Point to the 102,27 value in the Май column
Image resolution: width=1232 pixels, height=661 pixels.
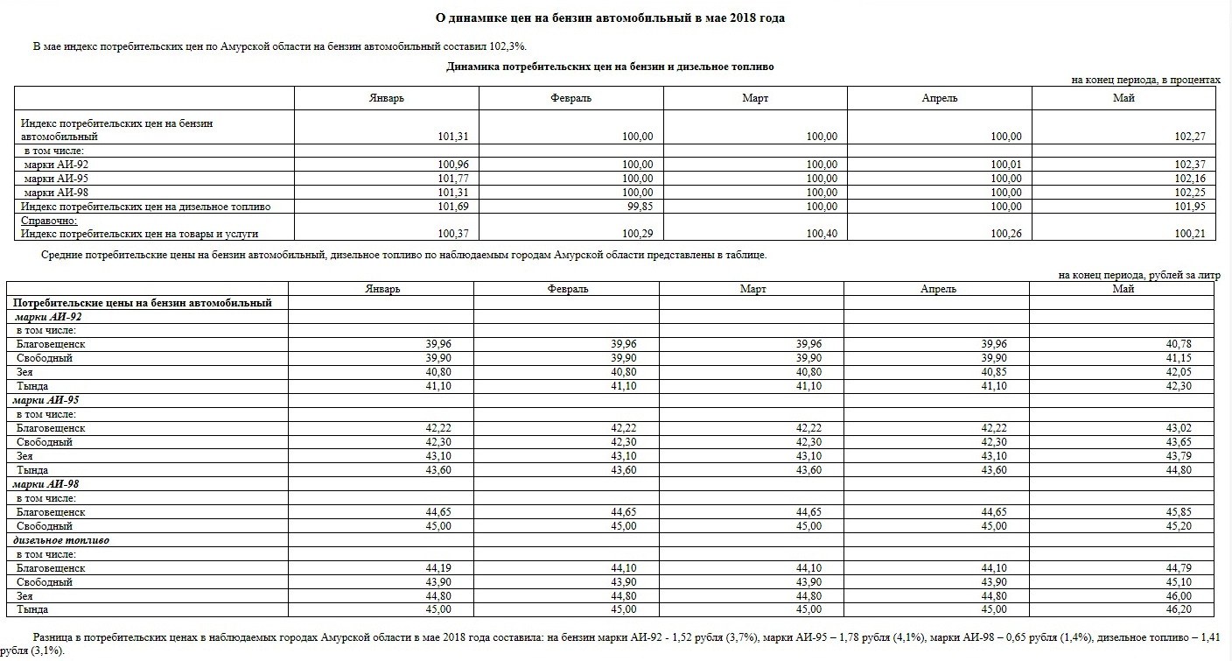pyautogui.click(x=1190, y=137)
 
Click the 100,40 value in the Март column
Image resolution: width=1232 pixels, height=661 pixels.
pyautogui.click(x=822, y=234)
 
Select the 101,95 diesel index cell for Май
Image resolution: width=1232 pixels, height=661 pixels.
pyautogui.click(x=1190, y=207)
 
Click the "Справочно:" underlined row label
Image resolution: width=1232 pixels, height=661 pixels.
pyautogui.click(x=49, y=221)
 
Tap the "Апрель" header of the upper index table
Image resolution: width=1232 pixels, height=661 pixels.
pyautogui.click(x=939, y=98)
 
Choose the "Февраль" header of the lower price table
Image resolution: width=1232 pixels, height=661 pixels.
pyautogui.click(x=567, y=289)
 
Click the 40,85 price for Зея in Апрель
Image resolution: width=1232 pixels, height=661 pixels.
pyautogui.click(x=992, y=372)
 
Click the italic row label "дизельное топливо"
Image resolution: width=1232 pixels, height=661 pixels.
pyautogui.click(x=61, y=540)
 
